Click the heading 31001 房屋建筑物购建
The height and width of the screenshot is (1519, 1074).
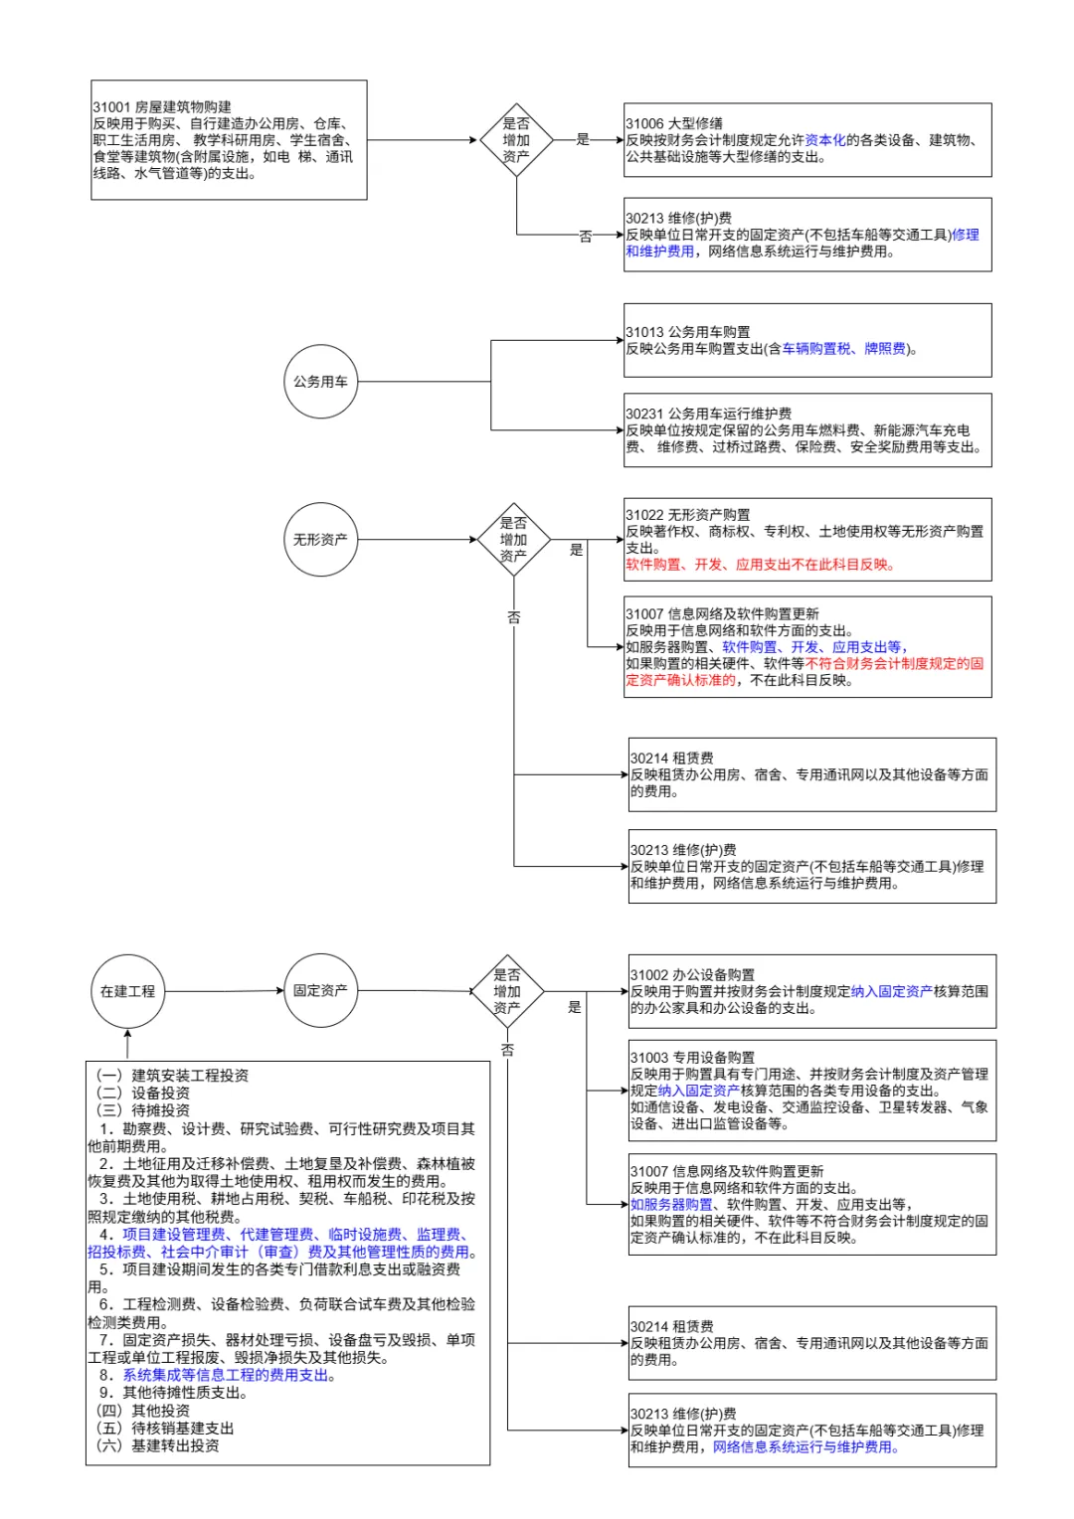coord(162,106)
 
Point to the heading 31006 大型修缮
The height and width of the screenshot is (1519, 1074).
coord(673,123)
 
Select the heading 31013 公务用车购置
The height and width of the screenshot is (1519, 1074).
coord(688,332)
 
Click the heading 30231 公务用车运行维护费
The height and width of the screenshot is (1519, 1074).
coord(708,414)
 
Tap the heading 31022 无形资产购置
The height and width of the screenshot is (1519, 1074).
coord(688,515)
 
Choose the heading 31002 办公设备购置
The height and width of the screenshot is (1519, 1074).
coord(693,974)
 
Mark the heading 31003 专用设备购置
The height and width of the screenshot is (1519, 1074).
coord(693,1057)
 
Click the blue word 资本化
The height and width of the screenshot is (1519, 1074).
coord(825,140)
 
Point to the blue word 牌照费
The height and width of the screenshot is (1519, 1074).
coord(885,349)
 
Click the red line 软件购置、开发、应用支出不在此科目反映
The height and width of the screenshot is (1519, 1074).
coord(759,565)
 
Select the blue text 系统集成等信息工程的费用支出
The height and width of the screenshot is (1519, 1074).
coord(226,1375)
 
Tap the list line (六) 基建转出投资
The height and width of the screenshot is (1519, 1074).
coord(157,1445)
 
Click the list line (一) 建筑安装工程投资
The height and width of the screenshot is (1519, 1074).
coord(172,1075)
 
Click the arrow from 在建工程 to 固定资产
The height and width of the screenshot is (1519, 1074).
coord(224,991)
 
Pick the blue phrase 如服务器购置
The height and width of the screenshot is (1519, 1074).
coord(671,1204)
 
